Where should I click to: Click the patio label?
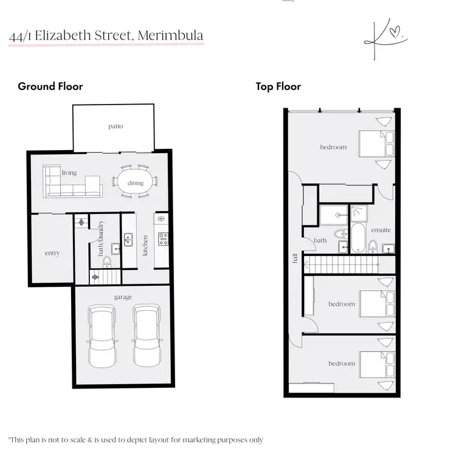(x=116, y=126)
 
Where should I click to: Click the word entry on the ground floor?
(x=52, y=253)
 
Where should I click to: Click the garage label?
(x=123, y=297)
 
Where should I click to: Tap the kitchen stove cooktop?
(x=162, y=238)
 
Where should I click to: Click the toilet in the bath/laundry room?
(x=107, y=261)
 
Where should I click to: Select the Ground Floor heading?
(x=50, y=86)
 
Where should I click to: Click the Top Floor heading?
(x=278, y=86)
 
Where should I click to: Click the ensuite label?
(x=381, y=230)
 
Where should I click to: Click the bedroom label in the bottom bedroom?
(x=341, y=364)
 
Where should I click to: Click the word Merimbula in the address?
(x=171, y=35)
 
